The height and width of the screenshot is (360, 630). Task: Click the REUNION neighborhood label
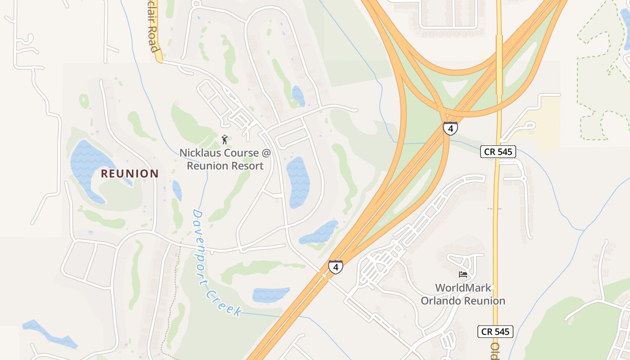pos(130,173)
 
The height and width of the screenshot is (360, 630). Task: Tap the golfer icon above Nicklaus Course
pos(225,139)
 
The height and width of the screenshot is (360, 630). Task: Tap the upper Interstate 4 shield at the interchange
pos(450,128)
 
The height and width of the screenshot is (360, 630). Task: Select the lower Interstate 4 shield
pos(335,267)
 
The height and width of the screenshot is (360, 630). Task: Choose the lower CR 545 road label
pos(495,332)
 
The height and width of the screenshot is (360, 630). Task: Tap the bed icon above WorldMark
pos(463,274)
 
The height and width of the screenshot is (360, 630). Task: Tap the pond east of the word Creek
pos(271,295)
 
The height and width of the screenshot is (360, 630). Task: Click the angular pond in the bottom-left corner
pos(49,333)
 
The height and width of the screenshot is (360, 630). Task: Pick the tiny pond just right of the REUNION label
pos(177,190)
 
